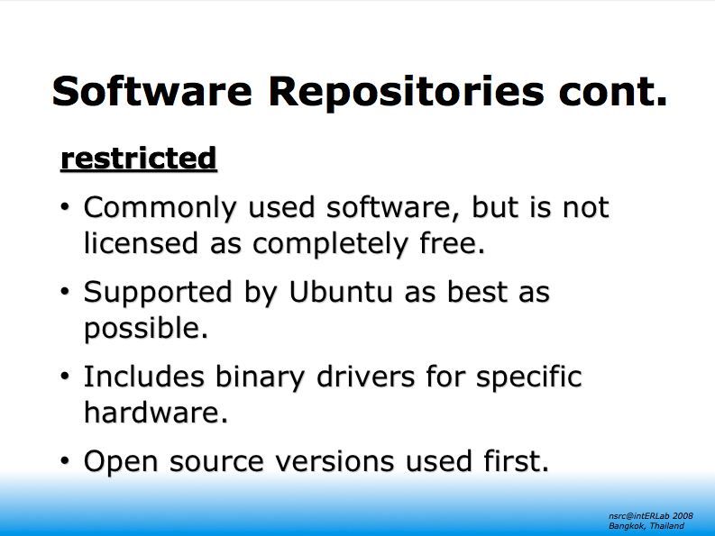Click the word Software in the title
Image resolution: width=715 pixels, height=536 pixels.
pyautogui.click(x=151, y=91)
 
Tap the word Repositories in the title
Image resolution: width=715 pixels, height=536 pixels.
pyautogui.click(x=407, y=94)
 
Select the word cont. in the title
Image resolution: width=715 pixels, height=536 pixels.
pyautogui.click(x=612, y=93)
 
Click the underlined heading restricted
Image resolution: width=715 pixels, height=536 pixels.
pyautogui.click(x=139, y=159)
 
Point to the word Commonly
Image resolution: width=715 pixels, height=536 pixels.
pyautogui.click(x=160, y=208)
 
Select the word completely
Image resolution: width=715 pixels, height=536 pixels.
pyautogui.click(x=330, y=244)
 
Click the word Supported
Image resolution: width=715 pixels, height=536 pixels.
pyautogui.click(x=158, y=293)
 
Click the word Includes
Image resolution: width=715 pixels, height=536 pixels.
pyautogui.click(x=143, y=377)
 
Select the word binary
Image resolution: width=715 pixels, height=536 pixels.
pyautogui.click(x=260, y=378)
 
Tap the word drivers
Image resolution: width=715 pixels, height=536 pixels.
pyautogui.click(x=366, y=377)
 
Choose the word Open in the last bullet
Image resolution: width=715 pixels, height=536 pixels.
pyautogui.click(x=121, y=463)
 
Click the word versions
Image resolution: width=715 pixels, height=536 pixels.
pyautogui.click(x=335, y=462)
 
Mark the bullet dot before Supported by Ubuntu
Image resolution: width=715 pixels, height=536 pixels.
pyautogui.click(x=65, y=291)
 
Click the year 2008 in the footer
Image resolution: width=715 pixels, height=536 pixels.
pyautogui.click(x=683, y=516)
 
